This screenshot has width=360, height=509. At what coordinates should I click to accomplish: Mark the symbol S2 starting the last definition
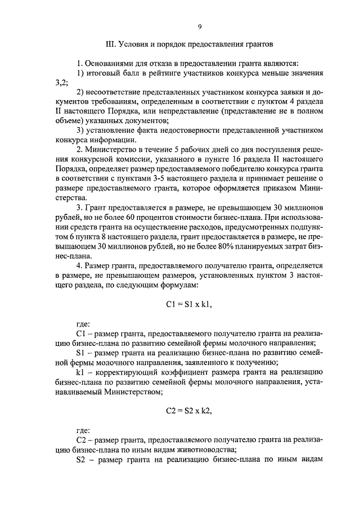pyautogui.click(x=80, y=458)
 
